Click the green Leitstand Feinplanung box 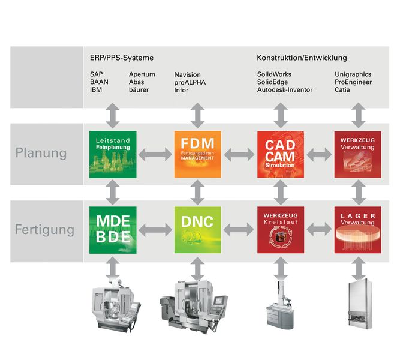[113, 154]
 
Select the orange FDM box [198, 154]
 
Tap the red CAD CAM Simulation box [281, 154]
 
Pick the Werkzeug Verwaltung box [357, 154]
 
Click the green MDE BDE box [113, 230]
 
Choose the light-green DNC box [198, 230]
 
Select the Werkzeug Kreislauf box [281, 230]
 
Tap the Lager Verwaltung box [357, 230]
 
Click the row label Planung [41, 153]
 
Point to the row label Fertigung [44, 230]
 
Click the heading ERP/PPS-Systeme [122, 58]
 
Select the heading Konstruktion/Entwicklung [302, 58]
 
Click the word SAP [96, 74]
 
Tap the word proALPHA [190, 82]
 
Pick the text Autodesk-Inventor [285, 90]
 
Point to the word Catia [342, 90]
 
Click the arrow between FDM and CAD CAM [239, 154]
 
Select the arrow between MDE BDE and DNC [155, 230]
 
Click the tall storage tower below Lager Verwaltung [360, 304]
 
